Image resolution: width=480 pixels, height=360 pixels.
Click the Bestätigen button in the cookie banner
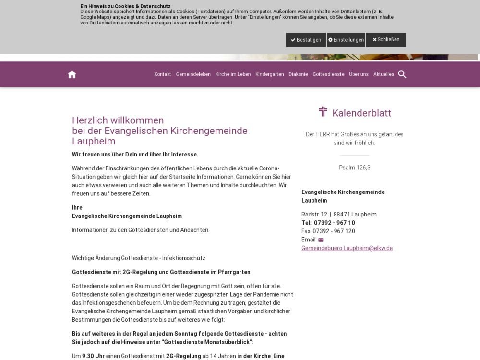pyautogui.click(x=306, y=40)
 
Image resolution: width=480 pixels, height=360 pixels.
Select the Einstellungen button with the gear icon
pyautogui.click(x=346, y=40)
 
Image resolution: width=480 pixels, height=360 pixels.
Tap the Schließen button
pyautogui.click(x=386, y=40)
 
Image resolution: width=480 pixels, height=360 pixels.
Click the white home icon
pyautogui.click(x=72, y=74)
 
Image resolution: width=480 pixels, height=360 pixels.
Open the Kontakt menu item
pyautogui.click(x=163, y=74)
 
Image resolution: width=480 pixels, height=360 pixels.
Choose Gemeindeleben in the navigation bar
pyautogui.click(x=193, y=74)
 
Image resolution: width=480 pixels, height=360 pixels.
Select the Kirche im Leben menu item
pyautogui.click(x=233, y=74)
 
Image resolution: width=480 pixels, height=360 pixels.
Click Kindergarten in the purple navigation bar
pyautogui.click(x=270, y=74)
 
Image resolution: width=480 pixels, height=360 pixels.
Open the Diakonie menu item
pyautogui.click(x=298, y=74)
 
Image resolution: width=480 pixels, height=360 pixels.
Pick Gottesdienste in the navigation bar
pyautogui.click(x=328, y=74)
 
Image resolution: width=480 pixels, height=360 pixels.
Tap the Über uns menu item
pyautogui.click(x=359, y=74)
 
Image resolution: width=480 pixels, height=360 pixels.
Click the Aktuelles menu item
pyautogui.click(x=384, y=74)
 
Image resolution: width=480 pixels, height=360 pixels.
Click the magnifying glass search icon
pyautogui.click(x=402, y=74)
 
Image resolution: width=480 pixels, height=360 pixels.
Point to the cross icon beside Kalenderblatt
pyautogui.click(x=323, y=112)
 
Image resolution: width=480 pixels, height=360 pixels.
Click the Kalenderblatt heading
pyautogui.click(x=361, y=113)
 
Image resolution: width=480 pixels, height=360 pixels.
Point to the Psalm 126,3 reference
pyautogui.click(x=355, y=168)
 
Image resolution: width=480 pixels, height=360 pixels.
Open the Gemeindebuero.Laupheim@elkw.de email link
pyautogui.click(x=347, y=248)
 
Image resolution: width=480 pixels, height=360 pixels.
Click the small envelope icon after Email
pyautogui.click(x=321, y=240)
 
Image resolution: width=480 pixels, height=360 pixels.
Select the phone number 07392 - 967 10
pyautogui.click(x=335, y=223)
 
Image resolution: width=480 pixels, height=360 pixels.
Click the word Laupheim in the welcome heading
pyautogui.click(x=94, y=141)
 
